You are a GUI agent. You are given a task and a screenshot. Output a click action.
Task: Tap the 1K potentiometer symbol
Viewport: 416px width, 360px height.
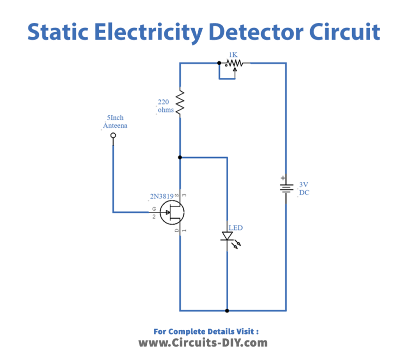[x=234, y=63]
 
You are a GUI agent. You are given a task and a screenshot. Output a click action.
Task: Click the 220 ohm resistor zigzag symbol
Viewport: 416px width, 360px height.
[x=180, y=101]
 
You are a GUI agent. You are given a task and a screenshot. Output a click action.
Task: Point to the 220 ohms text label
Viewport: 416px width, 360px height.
[x=165, y=105]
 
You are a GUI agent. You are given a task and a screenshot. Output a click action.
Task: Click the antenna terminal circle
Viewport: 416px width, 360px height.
[x=113, y=136]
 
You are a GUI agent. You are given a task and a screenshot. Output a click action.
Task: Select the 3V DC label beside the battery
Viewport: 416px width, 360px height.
[x=304, y=188]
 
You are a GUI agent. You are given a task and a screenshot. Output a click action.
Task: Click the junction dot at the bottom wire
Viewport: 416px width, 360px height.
[x=227, y=310]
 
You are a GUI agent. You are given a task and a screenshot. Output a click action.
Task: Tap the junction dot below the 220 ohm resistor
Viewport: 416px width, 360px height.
[x=180, y=157]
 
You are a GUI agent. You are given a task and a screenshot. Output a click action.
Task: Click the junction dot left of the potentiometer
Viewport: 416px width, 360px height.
[x=219, y=63]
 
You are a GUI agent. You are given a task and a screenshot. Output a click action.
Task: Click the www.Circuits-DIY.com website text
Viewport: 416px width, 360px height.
[x=203, y=343]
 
